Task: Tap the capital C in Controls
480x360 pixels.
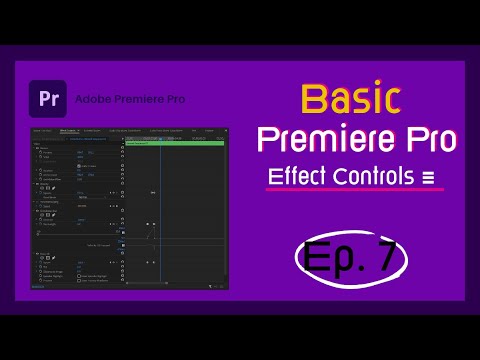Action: tap(335, 177)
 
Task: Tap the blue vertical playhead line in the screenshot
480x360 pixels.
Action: tap(160, 210)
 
